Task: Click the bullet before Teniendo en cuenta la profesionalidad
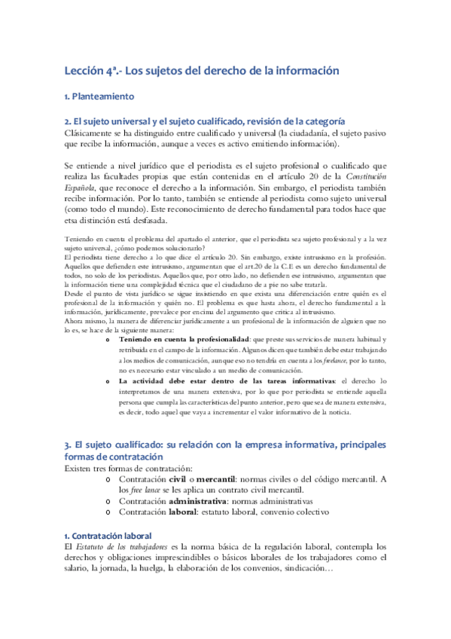pos(110,339)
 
